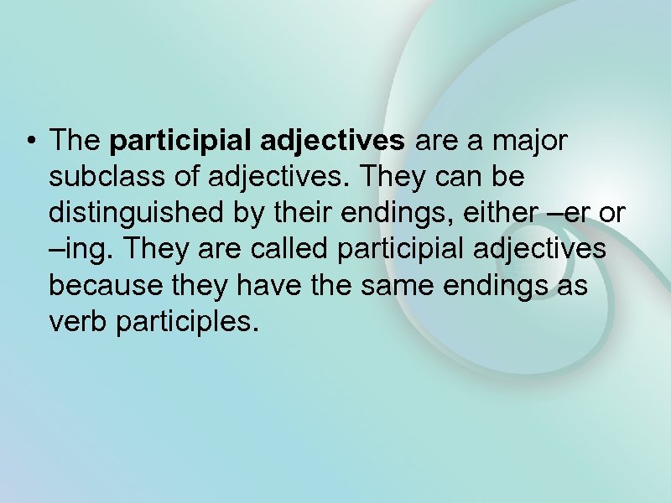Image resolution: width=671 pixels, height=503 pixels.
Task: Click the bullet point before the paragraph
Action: pos(31,142)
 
